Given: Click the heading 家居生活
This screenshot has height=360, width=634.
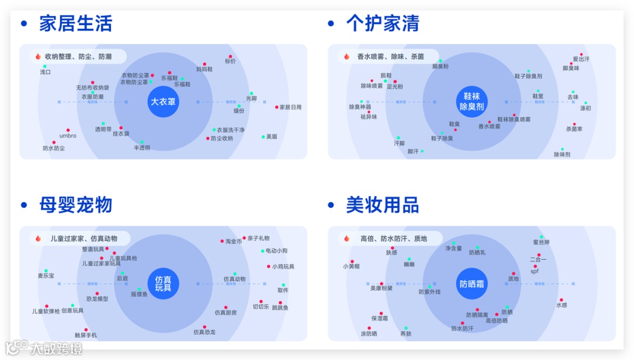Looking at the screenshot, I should tap(75, 23).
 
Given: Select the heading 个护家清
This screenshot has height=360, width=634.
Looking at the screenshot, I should tap(382, 23).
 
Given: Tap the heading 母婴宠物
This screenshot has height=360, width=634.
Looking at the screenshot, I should tap(75, 205).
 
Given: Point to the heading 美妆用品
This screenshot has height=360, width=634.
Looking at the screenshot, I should tap(382, 205).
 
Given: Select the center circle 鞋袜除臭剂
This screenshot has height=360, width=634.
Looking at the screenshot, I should tap(471, 102).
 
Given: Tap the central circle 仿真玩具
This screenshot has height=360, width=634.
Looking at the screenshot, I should tap(163, 284).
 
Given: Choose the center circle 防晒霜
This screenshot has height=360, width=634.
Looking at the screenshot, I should tap(471, 284).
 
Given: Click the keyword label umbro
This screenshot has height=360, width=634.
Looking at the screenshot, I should tap(68, 136).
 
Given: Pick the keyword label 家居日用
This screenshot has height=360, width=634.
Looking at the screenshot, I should tap(290, 107).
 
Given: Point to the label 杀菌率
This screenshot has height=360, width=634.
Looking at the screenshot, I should tap(574, 129).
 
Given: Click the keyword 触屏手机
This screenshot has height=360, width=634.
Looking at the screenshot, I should tap(86, 335).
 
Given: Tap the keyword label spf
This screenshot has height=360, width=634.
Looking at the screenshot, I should tap(534, 271).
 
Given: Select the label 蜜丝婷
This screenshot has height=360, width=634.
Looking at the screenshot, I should tap(541, 242).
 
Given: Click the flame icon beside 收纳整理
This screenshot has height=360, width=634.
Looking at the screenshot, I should tap(38, 57).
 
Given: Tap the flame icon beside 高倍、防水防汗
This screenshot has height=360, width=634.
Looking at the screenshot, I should tap(346, 238).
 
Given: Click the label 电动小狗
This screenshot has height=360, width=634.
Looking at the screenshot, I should tap(276, 251).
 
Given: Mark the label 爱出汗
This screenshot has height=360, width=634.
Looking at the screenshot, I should tap(581, 59).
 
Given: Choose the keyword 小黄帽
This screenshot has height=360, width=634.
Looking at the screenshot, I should tap(352, 266).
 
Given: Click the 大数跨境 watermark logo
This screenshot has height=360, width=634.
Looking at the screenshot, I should tap(43, 348).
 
